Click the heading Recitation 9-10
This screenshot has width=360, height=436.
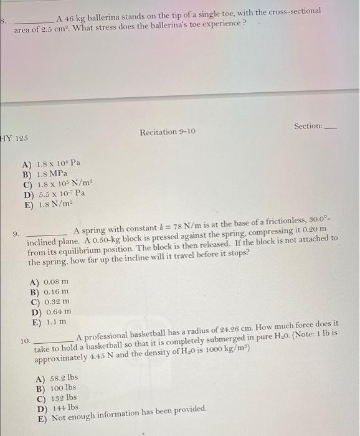pos(168,132)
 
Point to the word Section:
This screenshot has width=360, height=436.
pos(308,126)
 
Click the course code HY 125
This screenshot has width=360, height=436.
pos(14,137)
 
